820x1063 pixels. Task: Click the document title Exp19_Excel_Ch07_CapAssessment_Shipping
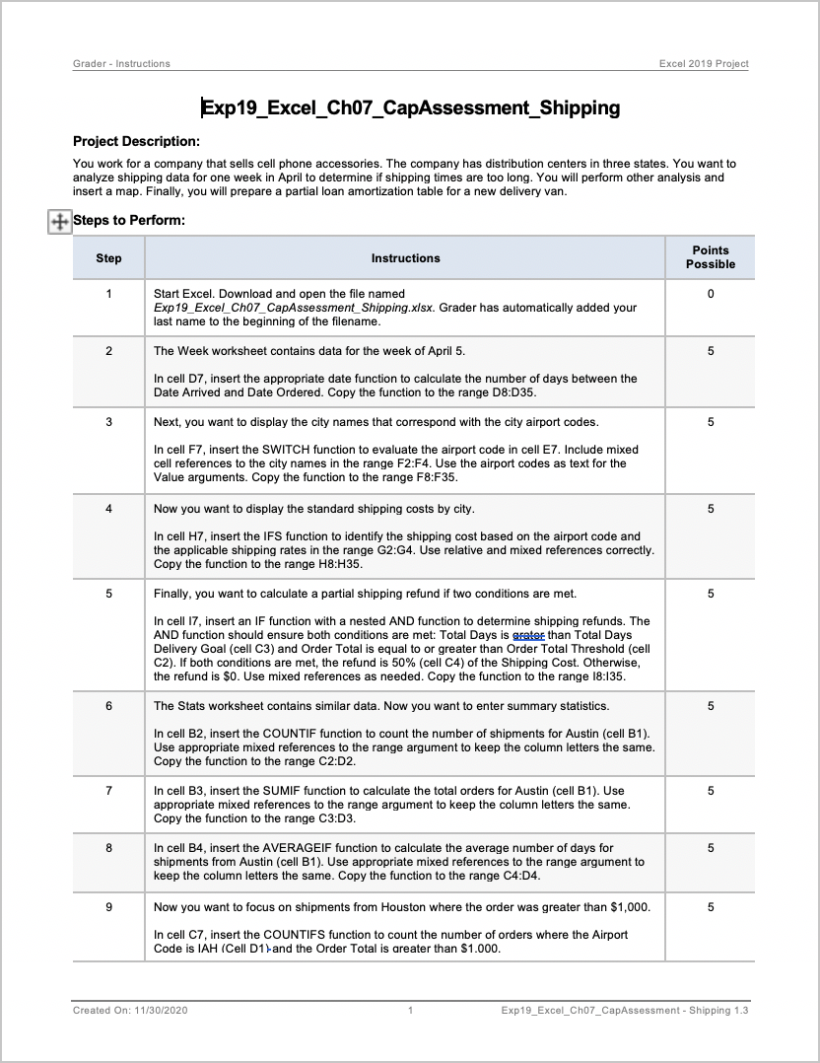pyautogui.click(x=411, y=107)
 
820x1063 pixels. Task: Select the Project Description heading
pyautogui.click(x=136, y=141)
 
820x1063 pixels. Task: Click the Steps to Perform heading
pyautogui.click(x=129, y=220)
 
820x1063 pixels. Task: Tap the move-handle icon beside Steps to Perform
pyautogui.click(x=59, y=221)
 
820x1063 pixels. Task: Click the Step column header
pyautogui.click(x=108, y=258)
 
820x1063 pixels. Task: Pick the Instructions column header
pyautogui.click(x=405, y=258)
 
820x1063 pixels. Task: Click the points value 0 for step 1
pyautogui.click(x=710, y=294)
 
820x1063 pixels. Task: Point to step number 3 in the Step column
pyautogui.click(x=108, y=422)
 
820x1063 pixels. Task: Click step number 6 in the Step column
pyautogui.click(x=108, y=706)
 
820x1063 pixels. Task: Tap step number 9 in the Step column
pyautogui.click(x=108, y=907)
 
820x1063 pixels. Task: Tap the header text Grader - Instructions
pyautogui.click(x=121, y=64)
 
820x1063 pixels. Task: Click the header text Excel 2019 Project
pyautogui.click(x=704, y=64)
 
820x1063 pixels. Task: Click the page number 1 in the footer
pyautogui.click(x=410, y=1011)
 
